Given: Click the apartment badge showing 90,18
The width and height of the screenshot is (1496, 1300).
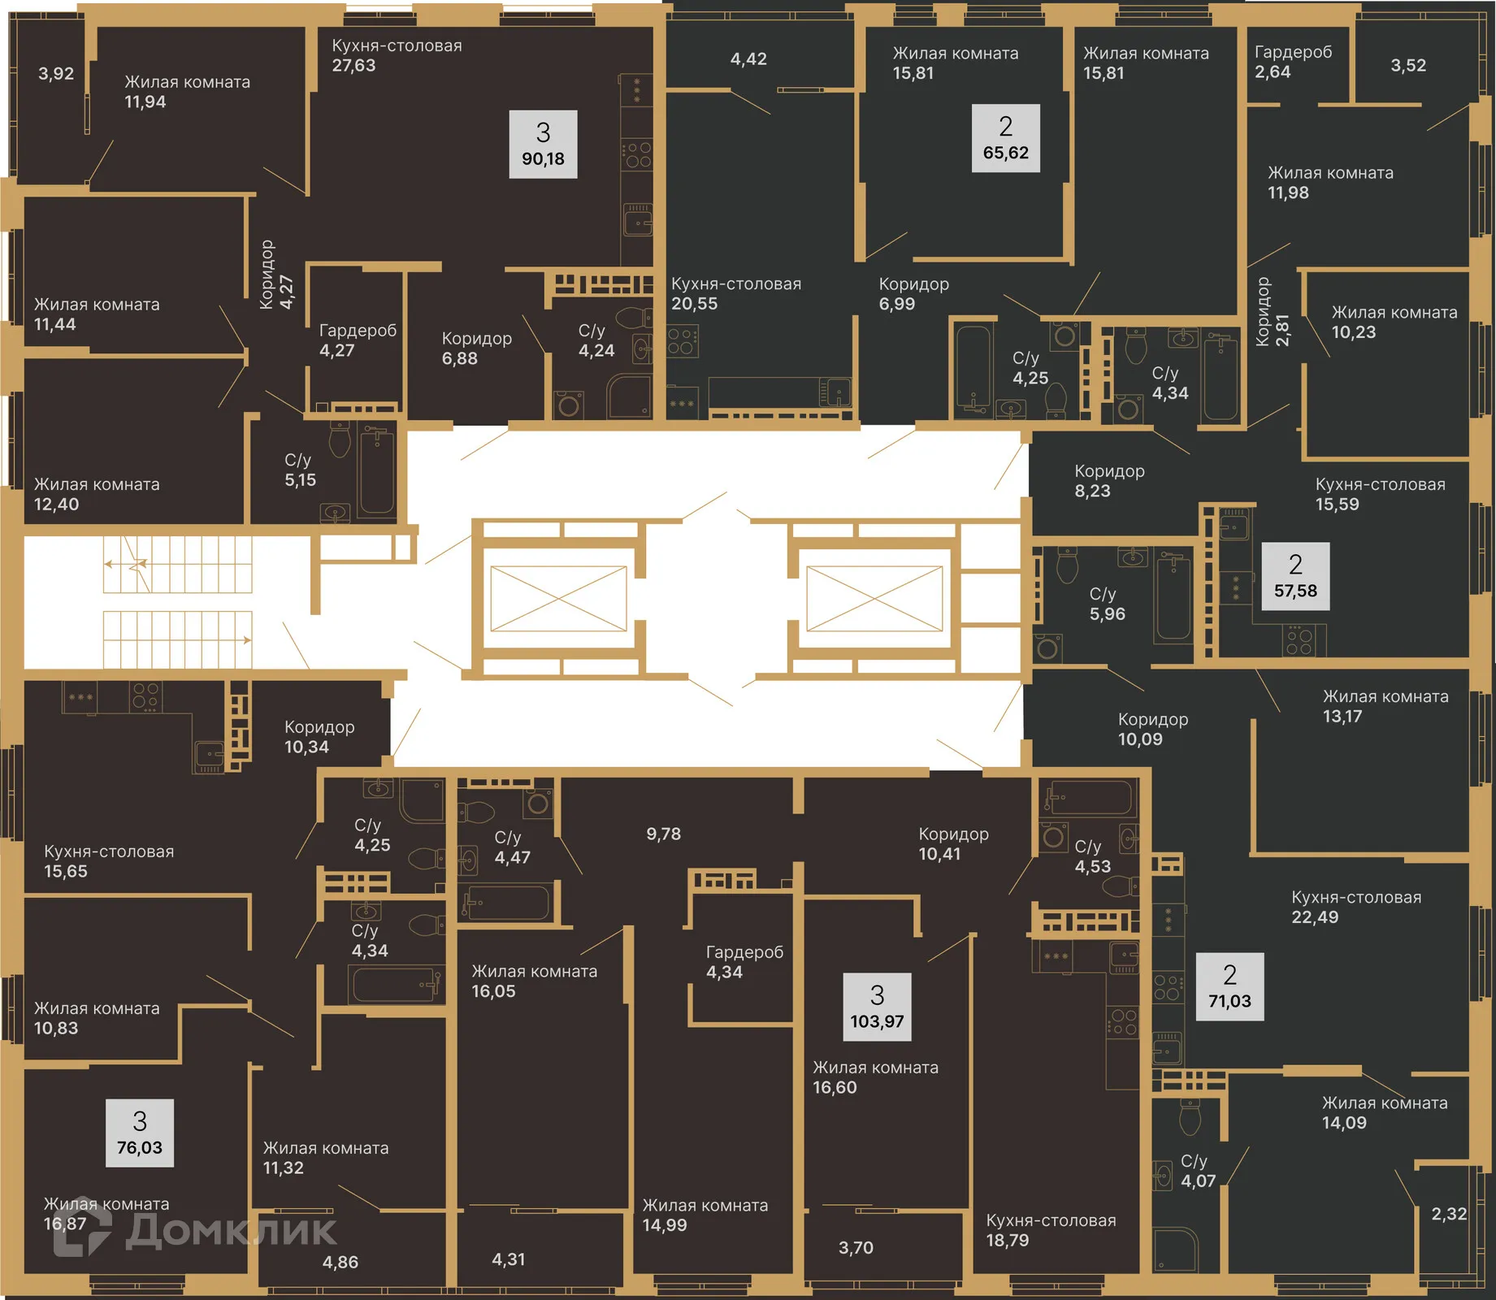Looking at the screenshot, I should (x=543, y=144).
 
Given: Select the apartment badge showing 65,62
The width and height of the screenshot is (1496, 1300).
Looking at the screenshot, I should (x=1005, y=138).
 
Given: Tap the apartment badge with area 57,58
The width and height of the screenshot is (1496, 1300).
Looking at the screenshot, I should (x=1295, y=576).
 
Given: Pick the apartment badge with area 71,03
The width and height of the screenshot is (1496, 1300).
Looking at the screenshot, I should (x=1229, y=986).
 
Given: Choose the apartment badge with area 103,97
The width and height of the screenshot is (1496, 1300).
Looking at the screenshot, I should (x=877, y=1007).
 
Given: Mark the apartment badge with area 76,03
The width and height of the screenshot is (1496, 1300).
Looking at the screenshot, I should (x=140, y=1133).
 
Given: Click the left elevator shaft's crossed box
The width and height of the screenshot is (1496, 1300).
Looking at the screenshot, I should (x=558, y=599).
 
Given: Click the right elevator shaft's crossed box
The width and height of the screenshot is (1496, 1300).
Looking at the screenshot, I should (x=874, y=599).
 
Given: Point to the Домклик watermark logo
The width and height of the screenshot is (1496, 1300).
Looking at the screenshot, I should (x=195, y=1230).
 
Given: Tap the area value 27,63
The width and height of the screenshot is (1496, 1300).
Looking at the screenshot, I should (x=353, y=66).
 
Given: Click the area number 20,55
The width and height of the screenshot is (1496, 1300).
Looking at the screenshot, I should (x=694, y=304).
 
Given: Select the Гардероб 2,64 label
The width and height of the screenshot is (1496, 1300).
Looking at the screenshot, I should (x=1293, y=62).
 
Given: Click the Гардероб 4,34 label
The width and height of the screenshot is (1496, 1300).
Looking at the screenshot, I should (x=744, y=962).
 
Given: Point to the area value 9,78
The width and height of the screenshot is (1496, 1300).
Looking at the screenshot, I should (x=663, y=834).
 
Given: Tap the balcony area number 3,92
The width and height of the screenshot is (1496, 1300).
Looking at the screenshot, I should (x=56, y=74).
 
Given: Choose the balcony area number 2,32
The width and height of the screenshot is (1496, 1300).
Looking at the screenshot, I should (x=1449, y=1214).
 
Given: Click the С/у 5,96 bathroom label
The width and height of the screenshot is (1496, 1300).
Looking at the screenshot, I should (x=1107, y=604).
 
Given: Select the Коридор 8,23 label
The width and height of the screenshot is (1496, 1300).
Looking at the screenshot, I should (x=1109, y=481).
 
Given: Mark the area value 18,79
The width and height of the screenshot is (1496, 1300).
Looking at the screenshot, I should (x=1007, y=1241).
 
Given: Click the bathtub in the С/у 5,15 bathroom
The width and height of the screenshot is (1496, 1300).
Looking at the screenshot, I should (x=376, y=471).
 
